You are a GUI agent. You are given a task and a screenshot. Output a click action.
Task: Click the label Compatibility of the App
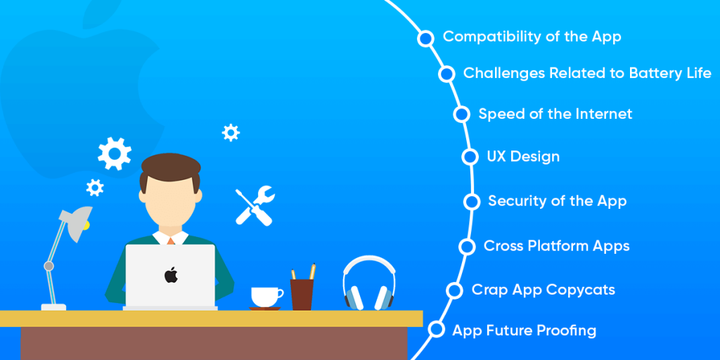pyautogui.click(x=532, y=37)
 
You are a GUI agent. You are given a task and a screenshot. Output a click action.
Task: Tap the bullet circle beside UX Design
pyautogui.click(x=470, y=157)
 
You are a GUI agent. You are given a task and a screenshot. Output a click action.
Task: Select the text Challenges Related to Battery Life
pyautogui.click(x=587, y=73)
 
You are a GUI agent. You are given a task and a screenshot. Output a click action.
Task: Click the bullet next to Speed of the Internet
pyautogui.click(x=461, y=114)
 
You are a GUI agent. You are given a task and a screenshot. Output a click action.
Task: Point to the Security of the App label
pyautogui.click(x=557, y=201)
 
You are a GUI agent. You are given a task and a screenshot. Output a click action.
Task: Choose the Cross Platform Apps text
pyautogui.click(x=557, y=246)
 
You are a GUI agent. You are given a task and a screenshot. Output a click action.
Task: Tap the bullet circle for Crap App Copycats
pyautogui.click(x=454, y=290)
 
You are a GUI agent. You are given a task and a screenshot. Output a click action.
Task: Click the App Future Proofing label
pyautogui.click(x=525, y=330)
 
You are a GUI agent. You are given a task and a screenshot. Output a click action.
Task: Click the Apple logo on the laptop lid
pyautogui.click(x=171, y=275)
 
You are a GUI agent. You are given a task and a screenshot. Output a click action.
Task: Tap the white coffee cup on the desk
pyautogui.click(x=266, y=297)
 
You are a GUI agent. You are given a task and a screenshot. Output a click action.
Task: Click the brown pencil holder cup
pyautogui.click(x=302, y=295)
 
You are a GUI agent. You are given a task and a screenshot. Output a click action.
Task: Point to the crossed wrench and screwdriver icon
pyautogui.click(x=255, y=205)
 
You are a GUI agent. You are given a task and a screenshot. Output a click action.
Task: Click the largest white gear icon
pyautogui.click(x=115, y=153)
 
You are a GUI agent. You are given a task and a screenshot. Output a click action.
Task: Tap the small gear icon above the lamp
pyautogui.click(x=95, y=187)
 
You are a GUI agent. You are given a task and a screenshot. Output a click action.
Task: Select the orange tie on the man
pyautogui.click(x=171, y=240)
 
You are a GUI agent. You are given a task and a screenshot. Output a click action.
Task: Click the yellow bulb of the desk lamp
pyautogui.click(x=86, y=225)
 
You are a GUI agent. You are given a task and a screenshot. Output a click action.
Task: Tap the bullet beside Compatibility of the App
pyautogui.click(x=425, y=39)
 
